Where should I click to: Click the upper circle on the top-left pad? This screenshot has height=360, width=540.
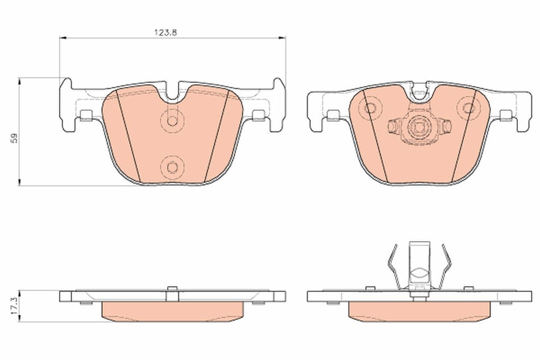172,120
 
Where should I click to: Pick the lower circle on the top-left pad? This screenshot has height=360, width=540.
172,167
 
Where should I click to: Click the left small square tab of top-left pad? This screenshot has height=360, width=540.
87,115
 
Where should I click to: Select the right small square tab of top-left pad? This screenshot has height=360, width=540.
258,115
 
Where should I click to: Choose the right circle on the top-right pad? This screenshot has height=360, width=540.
468,107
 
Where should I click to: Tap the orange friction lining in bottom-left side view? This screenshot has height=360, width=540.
173,310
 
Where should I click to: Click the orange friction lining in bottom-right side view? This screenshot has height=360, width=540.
419,310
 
